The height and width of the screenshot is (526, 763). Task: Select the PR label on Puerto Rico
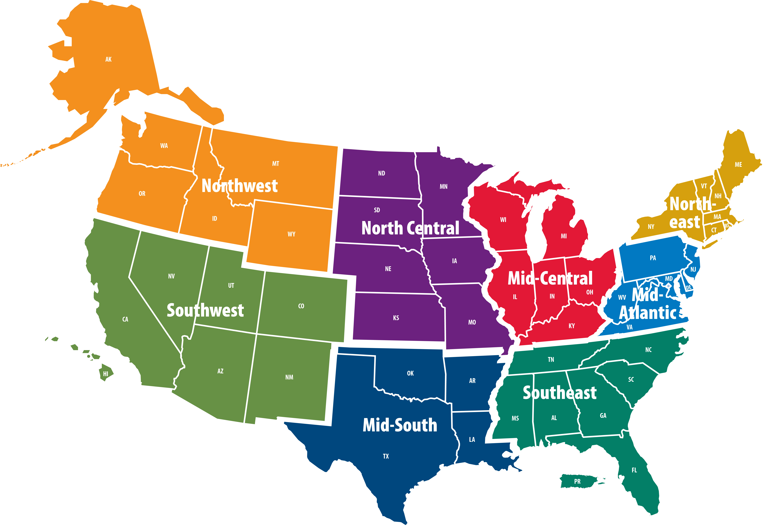point(577,481)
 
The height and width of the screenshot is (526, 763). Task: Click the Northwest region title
point(239,186)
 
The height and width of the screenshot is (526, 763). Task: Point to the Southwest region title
point(205,310)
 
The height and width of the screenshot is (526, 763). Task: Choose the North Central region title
point(410,228)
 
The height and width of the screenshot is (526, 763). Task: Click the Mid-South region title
point(400,425)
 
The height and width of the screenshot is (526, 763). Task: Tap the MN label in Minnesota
point(444,187)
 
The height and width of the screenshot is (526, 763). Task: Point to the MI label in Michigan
point(564,236)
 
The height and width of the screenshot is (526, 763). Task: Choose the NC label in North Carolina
point(648,350)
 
